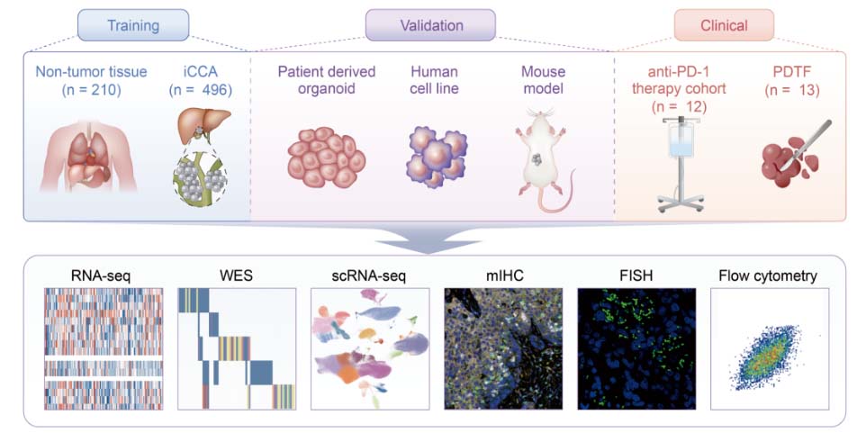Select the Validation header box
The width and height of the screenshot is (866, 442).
coord(430,25)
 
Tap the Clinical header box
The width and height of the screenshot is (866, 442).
coord(724,25)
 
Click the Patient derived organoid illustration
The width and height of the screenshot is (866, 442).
coord(326,155)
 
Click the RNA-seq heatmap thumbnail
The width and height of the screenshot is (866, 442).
coord(102,349)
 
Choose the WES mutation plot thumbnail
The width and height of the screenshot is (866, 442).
coord(235,349)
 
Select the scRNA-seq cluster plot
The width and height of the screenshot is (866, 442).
coord(368,349)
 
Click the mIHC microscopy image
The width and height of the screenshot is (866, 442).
coord(502,349)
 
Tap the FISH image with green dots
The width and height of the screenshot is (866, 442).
coord(636,349)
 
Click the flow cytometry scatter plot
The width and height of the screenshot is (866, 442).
coord(769,349)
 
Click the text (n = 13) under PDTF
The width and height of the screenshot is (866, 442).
coord(789,89)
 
